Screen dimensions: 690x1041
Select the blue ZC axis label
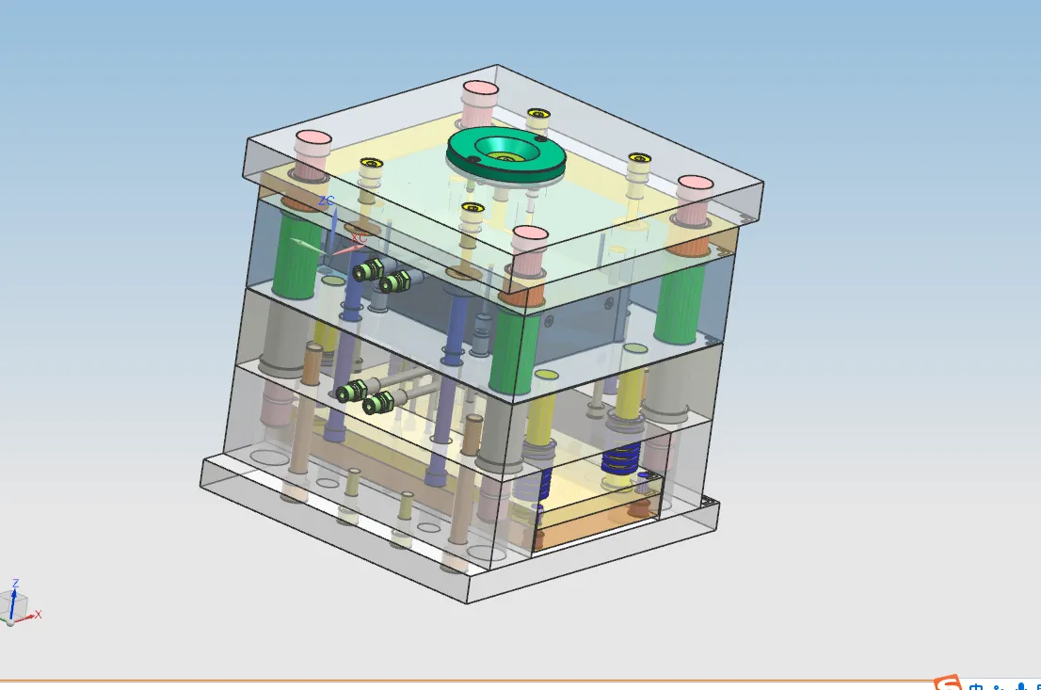[x=326, y=201]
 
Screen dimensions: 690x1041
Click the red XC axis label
[x=358, y=239]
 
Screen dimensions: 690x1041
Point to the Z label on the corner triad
[x=15, y=584]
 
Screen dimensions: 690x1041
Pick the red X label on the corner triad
[x=39, y=615]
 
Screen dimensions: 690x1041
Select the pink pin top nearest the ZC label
[x=312, y=145]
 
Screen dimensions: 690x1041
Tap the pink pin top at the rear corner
[x=480, y=92]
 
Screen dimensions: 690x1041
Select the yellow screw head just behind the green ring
[x=537, y=116]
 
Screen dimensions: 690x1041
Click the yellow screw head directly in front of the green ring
[x=472, y=207]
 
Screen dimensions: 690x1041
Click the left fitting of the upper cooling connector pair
[x=366, y=270]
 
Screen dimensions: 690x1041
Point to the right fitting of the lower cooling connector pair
[x=376, y=405]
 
